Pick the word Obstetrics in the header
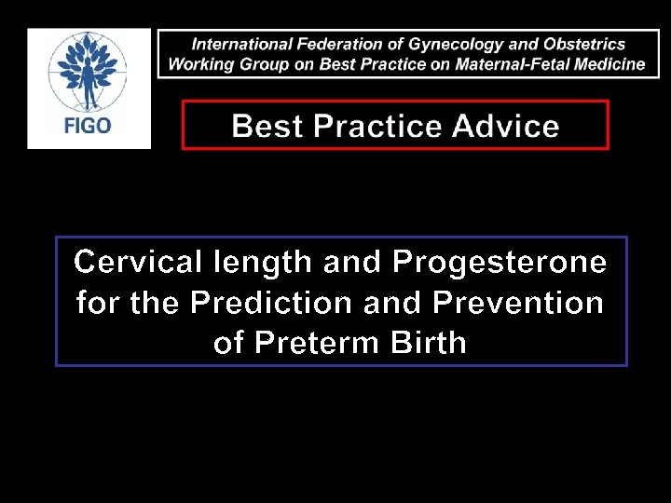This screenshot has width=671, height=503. pyautogui.click(x=584, y=44)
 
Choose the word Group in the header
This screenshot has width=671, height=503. pyautogui.click(x=259, y=64)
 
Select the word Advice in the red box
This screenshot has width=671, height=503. pyautogui.click(x=508, y=126)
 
